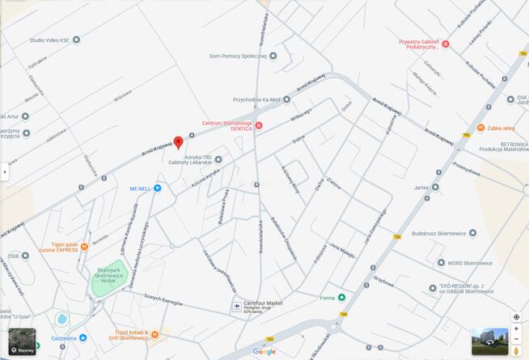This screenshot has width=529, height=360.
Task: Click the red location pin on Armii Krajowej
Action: tap(178, 142)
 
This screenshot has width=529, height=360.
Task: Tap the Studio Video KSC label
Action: tap(49, 40)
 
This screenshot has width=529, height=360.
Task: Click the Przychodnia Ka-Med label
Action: tap(256, 100)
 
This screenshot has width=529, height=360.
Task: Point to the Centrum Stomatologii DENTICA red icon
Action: tap(259, 125)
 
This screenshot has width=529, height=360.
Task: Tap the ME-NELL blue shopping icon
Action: tap(157, 188)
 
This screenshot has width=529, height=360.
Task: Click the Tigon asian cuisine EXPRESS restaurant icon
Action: tap(84, 248)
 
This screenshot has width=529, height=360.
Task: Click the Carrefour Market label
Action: tap(263, 303)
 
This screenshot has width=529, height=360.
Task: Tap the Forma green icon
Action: tap(341, 298)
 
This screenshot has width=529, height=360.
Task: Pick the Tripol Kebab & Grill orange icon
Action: tap(154, 333)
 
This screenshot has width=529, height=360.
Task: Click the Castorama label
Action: tap(64, 338)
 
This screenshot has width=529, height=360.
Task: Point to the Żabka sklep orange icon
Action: tap(480, 128)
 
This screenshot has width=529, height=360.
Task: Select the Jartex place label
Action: tap(421, 187)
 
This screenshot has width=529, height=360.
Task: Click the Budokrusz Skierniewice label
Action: tap(439, 233)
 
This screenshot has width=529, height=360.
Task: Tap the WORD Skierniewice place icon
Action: tap(440, 262)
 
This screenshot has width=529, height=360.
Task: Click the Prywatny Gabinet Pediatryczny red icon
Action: tap(445, 44)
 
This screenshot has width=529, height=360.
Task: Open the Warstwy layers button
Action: tap(22, 341)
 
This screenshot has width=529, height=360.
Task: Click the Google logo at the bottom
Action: tap(264, 351)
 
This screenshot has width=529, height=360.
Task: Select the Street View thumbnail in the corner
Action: tap(489, 341)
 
